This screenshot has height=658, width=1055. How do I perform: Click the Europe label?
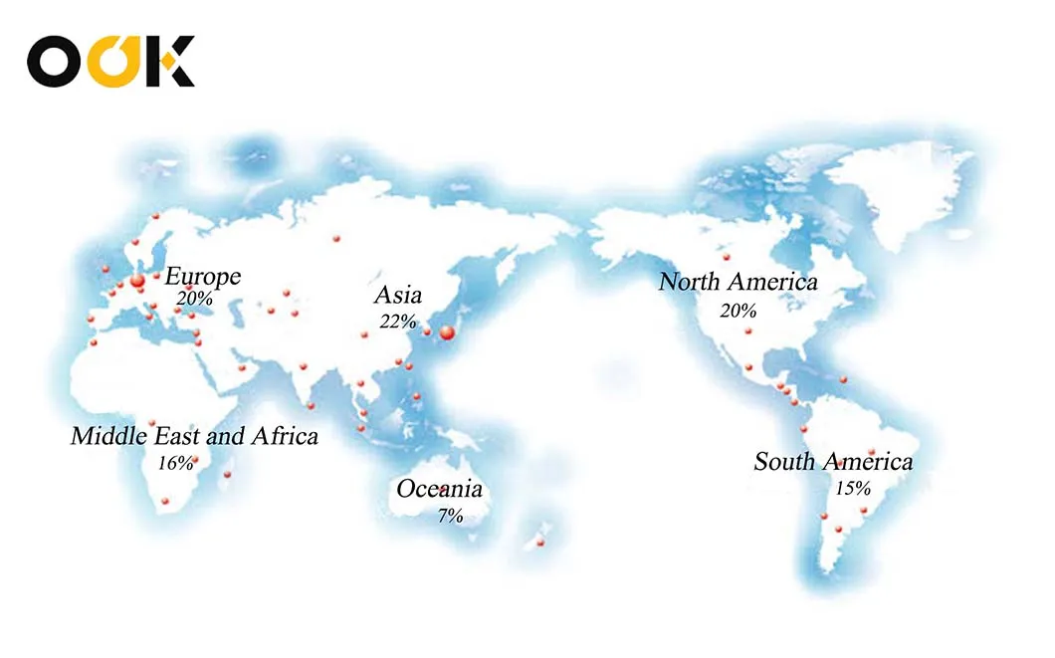[203, 276]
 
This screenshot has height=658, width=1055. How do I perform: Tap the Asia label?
[398, 296]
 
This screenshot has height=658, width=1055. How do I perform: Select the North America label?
[738, 282]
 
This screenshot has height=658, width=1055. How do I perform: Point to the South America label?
[833, 462]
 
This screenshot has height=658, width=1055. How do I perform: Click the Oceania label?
[439, 489]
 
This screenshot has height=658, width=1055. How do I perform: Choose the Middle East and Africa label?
[195, 436]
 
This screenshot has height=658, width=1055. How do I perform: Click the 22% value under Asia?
[397, 321]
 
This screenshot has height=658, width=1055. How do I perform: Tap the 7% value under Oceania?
[450, 515]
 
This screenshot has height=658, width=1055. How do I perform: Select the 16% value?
[175, 462]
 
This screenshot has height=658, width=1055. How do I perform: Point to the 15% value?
[854, 488]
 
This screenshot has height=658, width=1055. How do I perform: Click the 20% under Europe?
[195, 298]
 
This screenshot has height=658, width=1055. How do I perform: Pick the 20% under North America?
[738, 310]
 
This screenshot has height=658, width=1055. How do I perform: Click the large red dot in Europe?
[138, 283]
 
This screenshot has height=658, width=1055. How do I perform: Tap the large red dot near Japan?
[447, 332]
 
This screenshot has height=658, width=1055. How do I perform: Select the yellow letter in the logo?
[114, 62]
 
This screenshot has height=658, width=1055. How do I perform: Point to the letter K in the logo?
[171, 62]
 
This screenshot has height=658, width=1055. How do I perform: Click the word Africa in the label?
[284, 436]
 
